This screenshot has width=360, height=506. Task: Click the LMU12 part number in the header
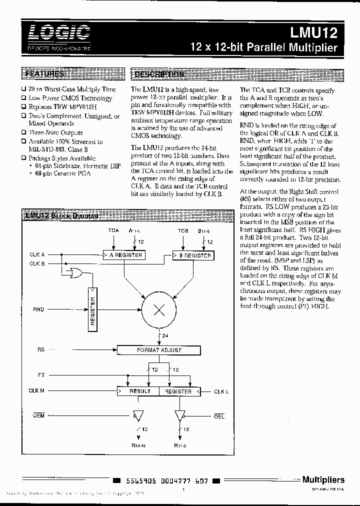(314, 33)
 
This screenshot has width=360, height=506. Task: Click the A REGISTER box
(123, 255)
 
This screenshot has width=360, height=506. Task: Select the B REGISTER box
(192, 255)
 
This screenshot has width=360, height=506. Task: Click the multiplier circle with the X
(158, 309)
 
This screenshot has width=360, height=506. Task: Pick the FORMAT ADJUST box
(158, 350)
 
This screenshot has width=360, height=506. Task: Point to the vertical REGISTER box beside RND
(93, 309)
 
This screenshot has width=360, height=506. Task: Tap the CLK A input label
(37, 255)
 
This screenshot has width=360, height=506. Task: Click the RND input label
(38, 309)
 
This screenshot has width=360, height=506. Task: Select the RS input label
(41, 350)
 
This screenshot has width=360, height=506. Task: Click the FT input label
(41, 374)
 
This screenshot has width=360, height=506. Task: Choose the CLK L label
(221, 391)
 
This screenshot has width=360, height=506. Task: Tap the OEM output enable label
(38, 415)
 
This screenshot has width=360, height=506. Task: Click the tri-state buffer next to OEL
(179, 415)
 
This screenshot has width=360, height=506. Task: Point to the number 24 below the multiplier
(165, 336)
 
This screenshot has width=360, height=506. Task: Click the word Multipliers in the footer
(323, 479)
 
